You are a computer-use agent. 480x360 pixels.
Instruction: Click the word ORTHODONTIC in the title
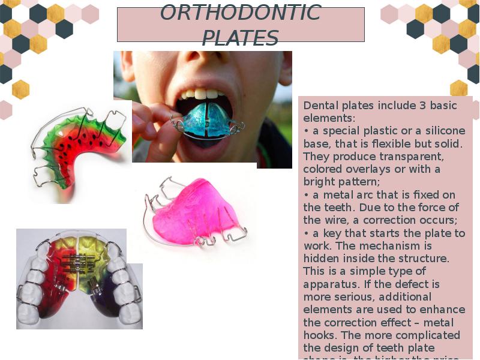click(x=241, y=13)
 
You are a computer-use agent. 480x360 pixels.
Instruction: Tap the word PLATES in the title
click(x=240, y=38)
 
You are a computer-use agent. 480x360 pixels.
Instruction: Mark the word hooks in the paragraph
click(x=319, y=335)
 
